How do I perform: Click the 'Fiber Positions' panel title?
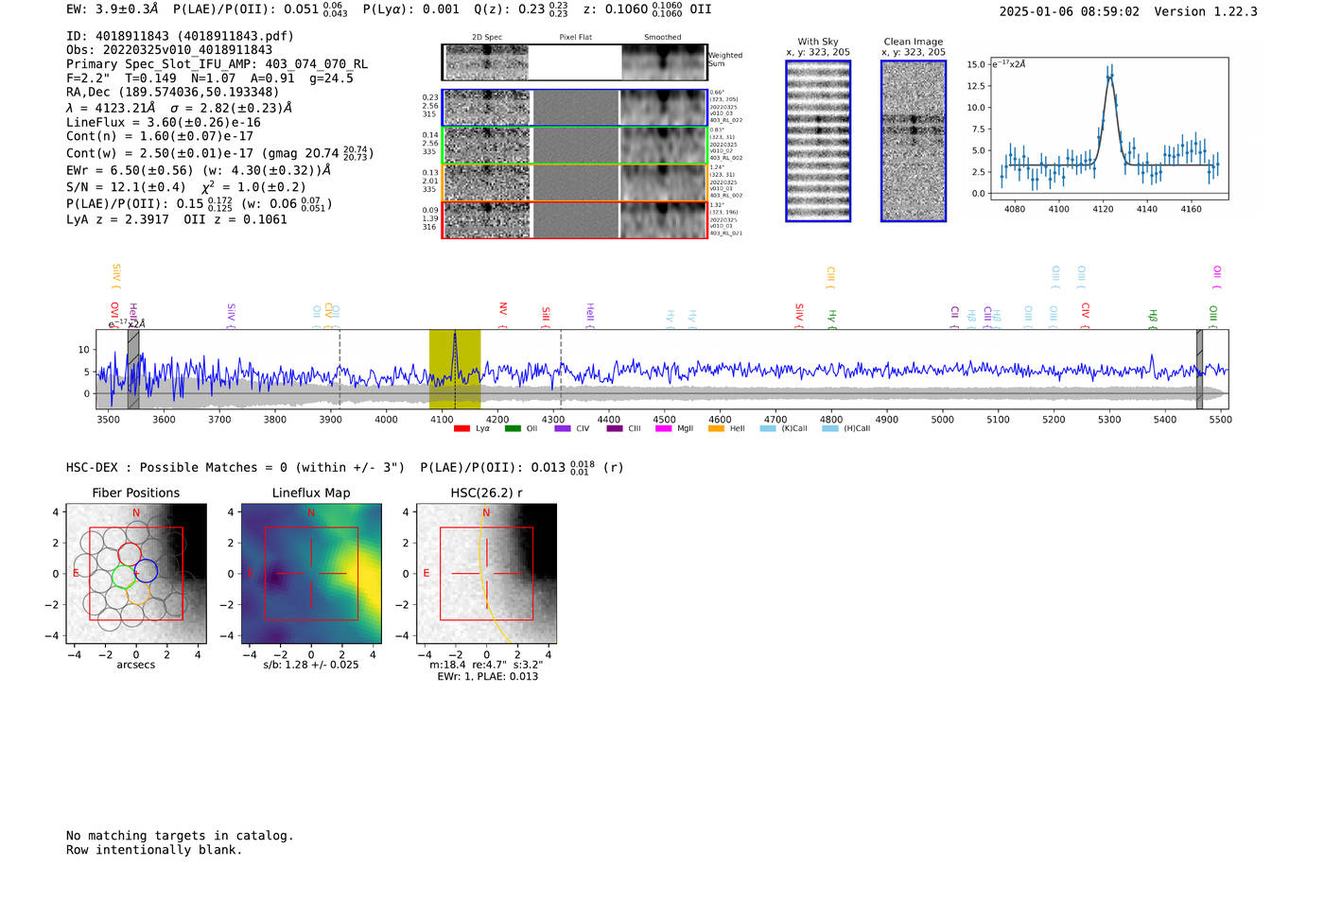[x=135, y=493]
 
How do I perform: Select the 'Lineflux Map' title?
[x=310, y=493]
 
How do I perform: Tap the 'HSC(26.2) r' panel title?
[x=486, y=493]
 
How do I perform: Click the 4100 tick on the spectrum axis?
[x=442, y=419]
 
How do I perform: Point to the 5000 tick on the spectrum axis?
[x=942, y=419]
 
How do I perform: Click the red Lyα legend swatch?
[x=462, y=429]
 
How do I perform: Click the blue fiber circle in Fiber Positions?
[x=146, y=570]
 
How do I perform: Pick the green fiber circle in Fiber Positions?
[x=123, y=576]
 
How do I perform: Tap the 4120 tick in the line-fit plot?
[x=1103, y=209]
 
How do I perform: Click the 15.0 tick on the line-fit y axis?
[x=975, y=64]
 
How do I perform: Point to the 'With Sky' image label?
[x=817, y=42]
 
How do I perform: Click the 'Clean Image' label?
[x=913, y=42]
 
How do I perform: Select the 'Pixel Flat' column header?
[x=575, y=38]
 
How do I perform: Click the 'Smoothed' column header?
[x=662, y=38]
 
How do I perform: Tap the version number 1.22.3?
[x=1231, y=11]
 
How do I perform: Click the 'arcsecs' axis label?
[x=135, y=665]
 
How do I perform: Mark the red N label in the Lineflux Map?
[x=311, y=513]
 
